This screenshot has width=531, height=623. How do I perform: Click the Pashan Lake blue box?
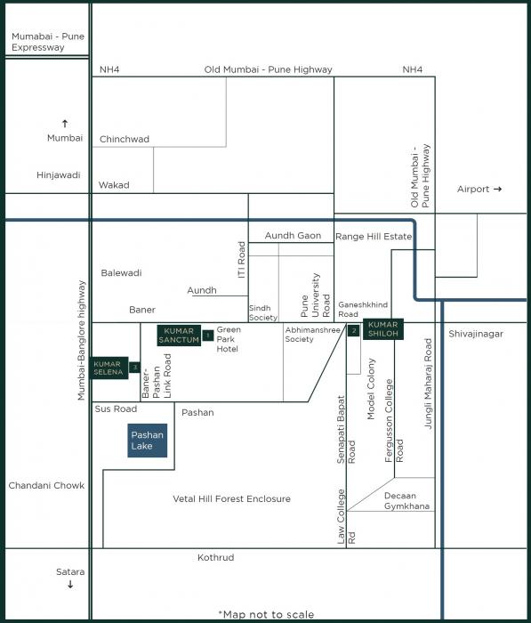point(147,440)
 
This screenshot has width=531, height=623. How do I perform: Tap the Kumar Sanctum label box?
point(179,335)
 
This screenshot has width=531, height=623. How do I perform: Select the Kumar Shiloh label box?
point(382,329)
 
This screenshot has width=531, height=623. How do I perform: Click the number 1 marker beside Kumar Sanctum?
point(207,335)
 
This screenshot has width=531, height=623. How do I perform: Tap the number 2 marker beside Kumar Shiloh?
point(353,331)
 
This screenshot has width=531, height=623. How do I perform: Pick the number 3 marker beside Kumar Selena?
point(134,367)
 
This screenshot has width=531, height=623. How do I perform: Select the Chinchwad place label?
point(125,139)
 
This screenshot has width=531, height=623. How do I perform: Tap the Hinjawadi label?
point(59,175)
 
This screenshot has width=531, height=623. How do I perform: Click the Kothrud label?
point(215,557)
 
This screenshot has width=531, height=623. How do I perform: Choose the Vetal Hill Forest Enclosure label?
point(231,499)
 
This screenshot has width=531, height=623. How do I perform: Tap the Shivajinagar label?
point(476,334)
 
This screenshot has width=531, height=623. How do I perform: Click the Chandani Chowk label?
point(46,486)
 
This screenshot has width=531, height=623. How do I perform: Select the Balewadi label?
point(121,272)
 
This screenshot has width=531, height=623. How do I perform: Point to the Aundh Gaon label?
point(293,235)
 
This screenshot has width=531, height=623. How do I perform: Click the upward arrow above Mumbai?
point(65,123)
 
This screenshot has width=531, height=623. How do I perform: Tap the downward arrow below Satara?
point(70,585)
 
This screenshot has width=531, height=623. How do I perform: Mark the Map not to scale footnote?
point(266,614)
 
